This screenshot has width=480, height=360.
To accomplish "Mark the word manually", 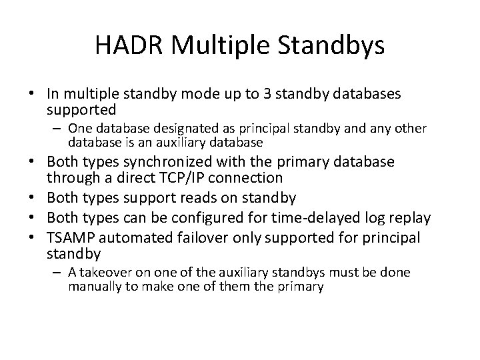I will pos(91,287).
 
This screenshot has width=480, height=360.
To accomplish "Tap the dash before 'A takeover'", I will pos(59,273).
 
